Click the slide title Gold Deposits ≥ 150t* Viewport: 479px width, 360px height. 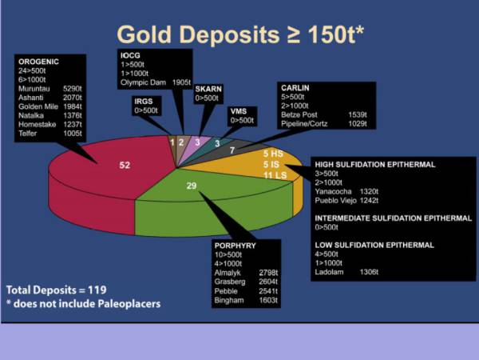pyautogui.click(x=239, y=34)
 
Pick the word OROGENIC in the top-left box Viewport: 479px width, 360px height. pyautogui.click(x=38, y=61)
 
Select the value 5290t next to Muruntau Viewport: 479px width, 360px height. pyautogui.click(x=73, y=88)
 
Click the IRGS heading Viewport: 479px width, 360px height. pyautogui.click(x=144, y=102)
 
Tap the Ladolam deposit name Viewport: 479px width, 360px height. pyautogui.click(x=331, y=272)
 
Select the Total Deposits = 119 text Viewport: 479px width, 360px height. pyautogui.click(x=56, y=289)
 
